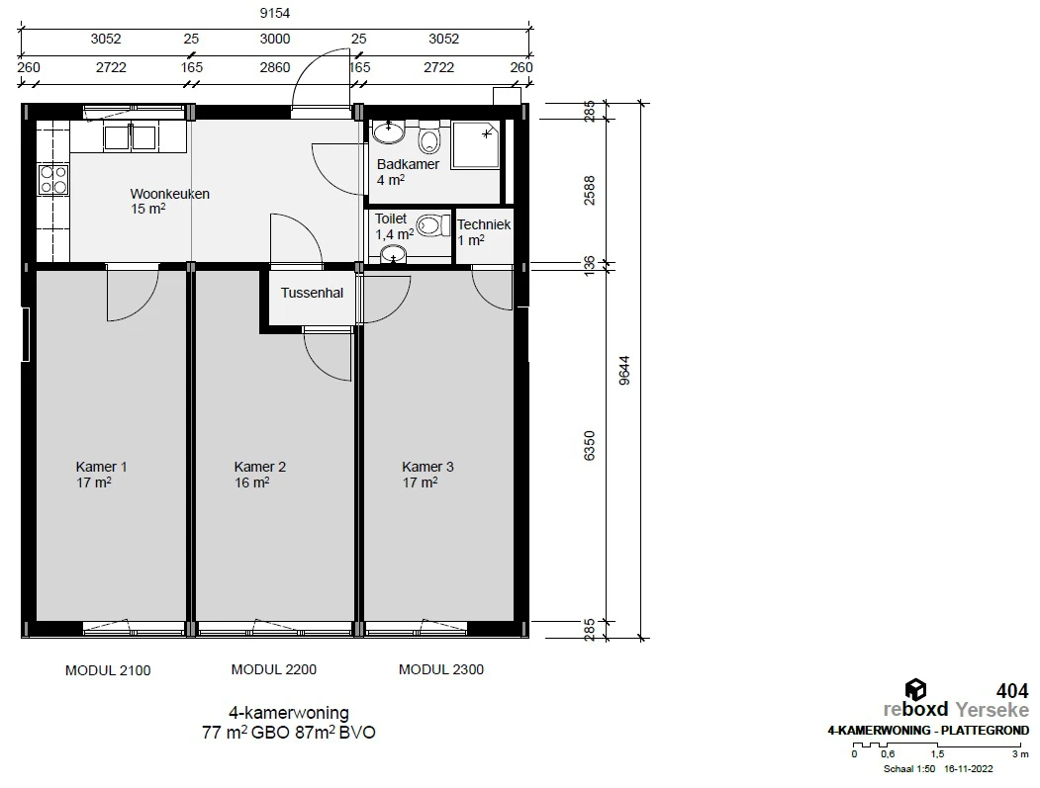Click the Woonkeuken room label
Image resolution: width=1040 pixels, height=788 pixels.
tap(170, 194)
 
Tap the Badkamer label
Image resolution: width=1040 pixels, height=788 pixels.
tap(408, 164)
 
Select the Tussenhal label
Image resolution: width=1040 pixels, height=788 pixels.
tap(312, 293)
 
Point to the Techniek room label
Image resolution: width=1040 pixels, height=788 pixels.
tap(484, 224)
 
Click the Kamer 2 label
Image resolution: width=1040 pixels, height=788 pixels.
tap(260, 467)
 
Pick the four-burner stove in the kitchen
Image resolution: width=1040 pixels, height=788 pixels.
tap(53, 180)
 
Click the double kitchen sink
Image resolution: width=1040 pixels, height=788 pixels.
tap(130, 137)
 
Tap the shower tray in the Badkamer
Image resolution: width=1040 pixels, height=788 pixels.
tap(475, 144)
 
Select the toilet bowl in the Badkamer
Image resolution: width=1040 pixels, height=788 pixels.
tap(429, 137)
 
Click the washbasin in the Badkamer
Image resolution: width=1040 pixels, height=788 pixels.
tap(389, 131)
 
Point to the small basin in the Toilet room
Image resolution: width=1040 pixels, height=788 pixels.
tap(393, 254)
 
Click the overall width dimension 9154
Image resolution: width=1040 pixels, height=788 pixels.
tap(274, 13)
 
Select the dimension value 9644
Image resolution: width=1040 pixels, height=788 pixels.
tap(624, 371)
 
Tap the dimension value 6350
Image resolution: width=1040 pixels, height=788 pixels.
tap(589, 445)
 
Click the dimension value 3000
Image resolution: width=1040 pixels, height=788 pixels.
tap(274, 39)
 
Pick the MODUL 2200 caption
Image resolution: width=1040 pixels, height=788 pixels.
tap(274, 669)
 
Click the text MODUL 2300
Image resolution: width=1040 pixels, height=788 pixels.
tap(441, 669)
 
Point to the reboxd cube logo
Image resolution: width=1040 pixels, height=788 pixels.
tap(915, 690)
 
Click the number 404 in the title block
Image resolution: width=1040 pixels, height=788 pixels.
tap(1012, 691)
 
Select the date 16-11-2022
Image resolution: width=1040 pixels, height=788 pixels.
tap(969, 769)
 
